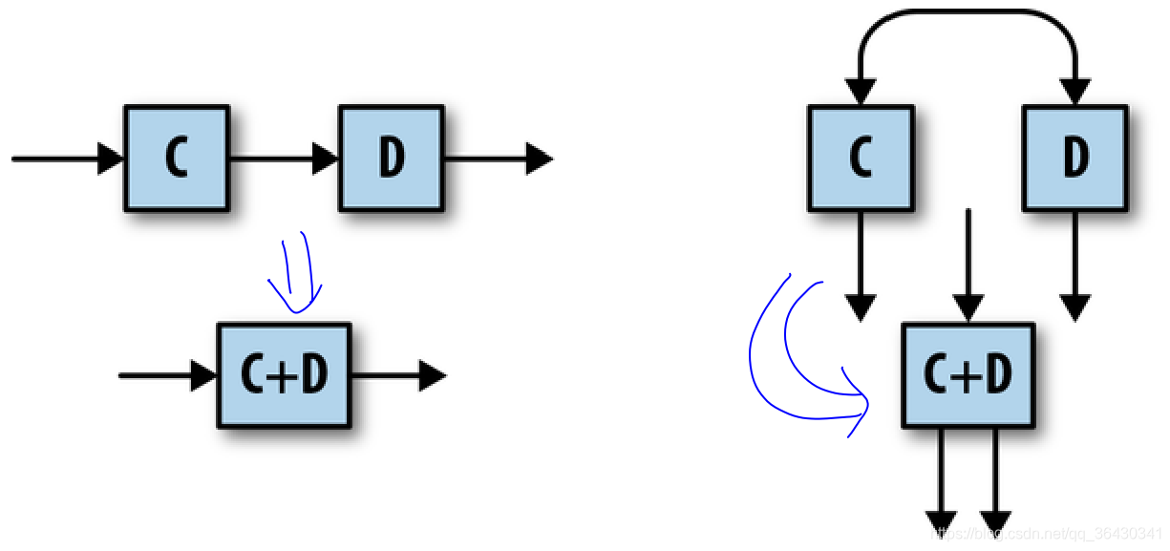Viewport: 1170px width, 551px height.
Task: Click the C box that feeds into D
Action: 177,159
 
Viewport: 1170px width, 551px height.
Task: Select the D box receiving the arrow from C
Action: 391,159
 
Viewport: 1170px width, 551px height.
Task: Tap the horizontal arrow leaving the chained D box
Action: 497,159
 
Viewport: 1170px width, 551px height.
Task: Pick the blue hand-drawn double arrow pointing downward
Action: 297,272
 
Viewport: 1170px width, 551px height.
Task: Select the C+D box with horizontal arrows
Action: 284,375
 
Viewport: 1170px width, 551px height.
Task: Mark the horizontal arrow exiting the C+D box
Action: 397,375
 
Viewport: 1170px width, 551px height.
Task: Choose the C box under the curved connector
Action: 861,159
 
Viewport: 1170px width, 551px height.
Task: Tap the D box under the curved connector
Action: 1075,159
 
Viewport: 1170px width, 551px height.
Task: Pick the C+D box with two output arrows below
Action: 968,375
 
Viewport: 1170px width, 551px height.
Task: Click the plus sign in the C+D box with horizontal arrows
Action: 284,376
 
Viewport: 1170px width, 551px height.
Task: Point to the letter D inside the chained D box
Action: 391,159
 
